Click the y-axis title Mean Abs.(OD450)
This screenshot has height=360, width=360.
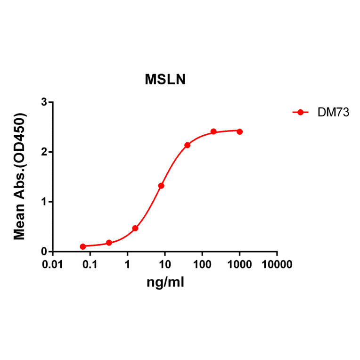(x=20, y=177)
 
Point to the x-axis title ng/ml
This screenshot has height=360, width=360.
(x=165, y=282)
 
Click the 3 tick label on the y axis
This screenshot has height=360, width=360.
(x=43, y=102)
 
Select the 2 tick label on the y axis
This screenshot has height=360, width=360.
(x=43, y=152)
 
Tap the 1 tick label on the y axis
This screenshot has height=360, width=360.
(x=43, y=202)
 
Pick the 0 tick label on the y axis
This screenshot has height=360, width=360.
(x=43, y=252)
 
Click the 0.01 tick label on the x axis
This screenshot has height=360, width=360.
(x=52, y=265)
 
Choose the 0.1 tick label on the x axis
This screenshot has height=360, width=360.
(x=90, y=265)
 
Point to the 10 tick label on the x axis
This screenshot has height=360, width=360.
(x=164, y=265)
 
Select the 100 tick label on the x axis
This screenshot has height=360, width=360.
(x=202, y=265)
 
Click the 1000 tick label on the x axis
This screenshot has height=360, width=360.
(x=239, y=265)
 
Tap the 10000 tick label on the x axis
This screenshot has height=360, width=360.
(x=277, y=265)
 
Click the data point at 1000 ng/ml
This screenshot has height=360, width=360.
(x=239, y=131)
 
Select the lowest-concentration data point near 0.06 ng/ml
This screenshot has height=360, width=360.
(x=83, y=246)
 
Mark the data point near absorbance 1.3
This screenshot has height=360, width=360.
(x=161, y=186)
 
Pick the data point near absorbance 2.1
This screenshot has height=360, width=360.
(x=187, y=145)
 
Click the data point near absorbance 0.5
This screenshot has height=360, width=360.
(x=135, y=228)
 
